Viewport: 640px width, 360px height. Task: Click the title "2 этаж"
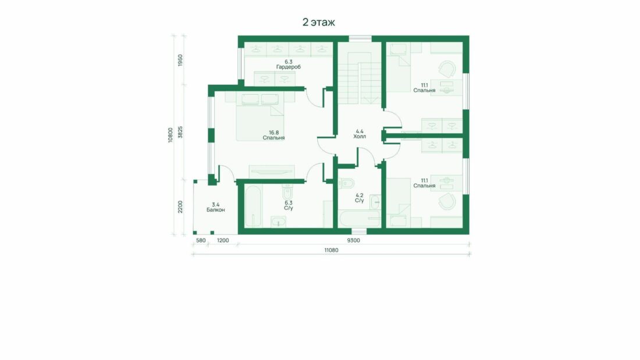[318, 22]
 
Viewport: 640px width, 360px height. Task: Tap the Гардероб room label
[288, 65]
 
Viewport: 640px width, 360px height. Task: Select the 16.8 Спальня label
[273, 135]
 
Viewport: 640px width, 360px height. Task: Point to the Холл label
[360, 134]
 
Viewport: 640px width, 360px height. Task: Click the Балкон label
[215, 208]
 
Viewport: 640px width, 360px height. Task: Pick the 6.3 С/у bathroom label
[289, 205]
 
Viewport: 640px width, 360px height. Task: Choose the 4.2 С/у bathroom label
[359, 198]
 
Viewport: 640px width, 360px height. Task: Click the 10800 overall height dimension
[170, 135]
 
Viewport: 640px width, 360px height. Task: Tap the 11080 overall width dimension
[331, 250]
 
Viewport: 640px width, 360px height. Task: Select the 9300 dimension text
[354, 240]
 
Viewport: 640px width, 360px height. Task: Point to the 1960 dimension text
[180, 61]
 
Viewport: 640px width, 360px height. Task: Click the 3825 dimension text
[180, 132]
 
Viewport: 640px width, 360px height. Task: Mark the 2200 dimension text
[180, 207]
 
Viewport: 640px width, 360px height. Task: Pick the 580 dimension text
[201, 240]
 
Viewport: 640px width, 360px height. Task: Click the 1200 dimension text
[223, 240]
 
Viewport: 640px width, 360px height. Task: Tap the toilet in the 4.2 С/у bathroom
[346, 183]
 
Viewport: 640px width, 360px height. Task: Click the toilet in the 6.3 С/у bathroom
[287, 191]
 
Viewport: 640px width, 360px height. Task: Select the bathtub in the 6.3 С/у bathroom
[253, 207]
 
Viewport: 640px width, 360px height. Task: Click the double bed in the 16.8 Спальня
[260, 117]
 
